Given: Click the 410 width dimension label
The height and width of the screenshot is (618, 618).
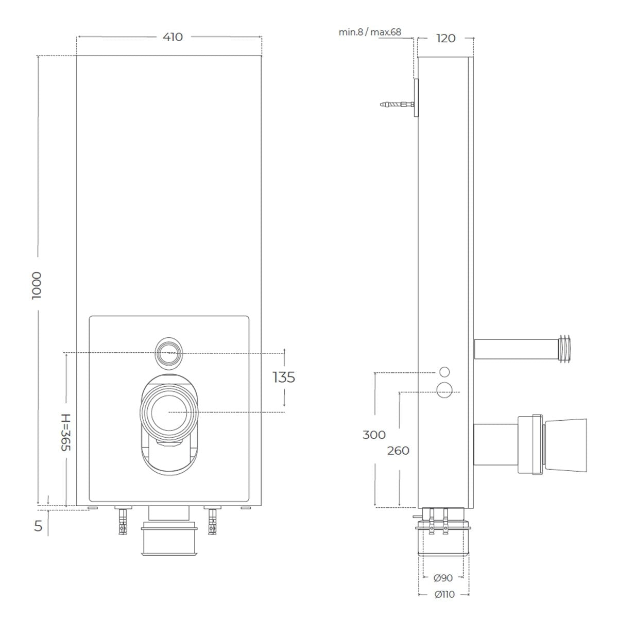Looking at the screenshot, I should [173, 37].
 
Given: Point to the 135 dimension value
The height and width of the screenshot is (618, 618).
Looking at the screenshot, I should [284, 377].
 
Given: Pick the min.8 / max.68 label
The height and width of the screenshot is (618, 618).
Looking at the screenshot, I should [369, 32].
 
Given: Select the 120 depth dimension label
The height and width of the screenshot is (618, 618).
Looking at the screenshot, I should [445, 38].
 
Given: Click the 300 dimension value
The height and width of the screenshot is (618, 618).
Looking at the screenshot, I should [374, 435].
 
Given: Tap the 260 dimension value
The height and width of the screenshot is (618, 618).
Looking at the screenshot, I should [398, 451].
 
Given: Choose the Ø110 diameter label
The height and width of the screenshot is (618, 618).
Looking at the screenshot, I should [444, 594].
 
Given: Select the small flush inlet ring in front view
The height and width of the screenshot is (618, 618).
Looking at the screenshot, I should [169, 353].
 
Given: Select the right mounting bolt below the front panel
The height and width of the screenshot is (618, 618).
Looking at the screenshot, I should [211, 521].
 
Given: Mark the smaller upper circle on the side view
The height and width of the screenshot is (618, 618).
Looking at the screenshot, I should [444, 372].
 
